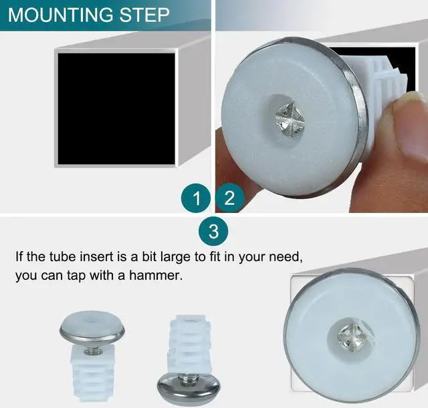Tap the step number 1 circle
pos(196,198)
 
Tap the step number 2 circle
pos(230,198)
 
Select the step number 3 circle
pos(213,232)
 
